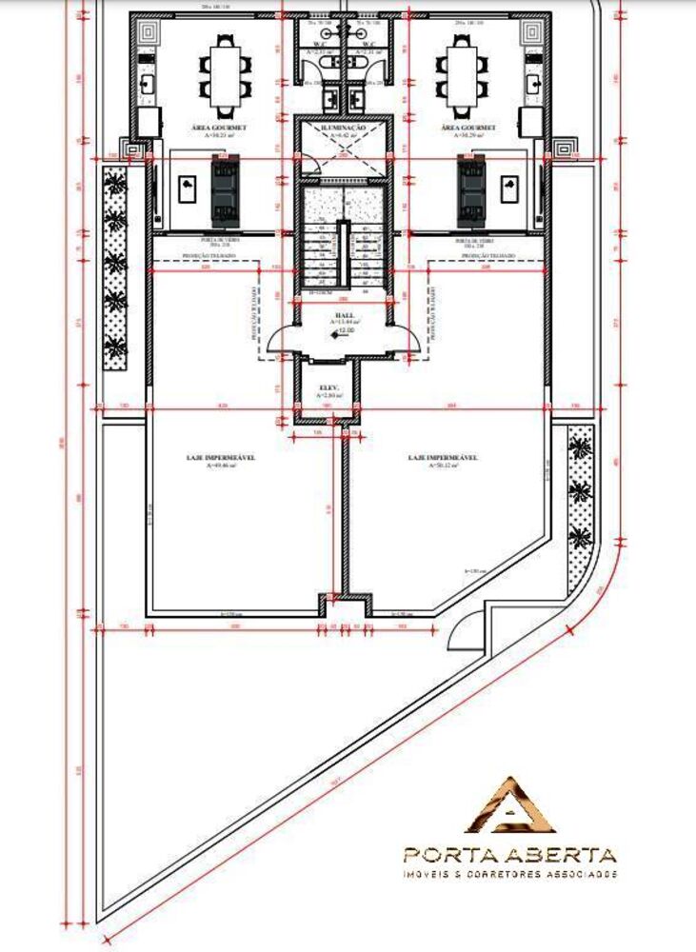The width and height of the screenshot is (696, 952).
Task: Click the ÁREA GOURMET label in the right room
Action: coord(469,127)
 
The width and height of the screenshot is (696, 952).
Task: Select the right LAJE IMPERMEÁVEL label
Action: coord(443,458)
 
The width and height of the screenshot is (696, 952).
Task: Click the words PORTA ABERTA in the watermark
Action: coord(509,854)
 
